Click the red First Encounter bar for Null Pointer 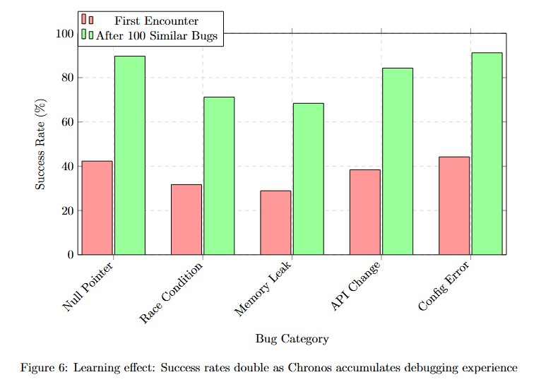(97, 208)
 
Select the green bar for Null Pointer (130, 155)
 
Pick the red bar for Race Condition (186, 219)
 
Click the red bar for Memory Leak (275, 222)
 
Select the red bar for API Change (364, 212)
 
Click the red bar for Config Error (453, 205)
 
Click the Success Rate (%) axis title (41, 144)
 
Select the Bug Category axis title (292, 339)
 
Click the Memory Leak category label (263, 290)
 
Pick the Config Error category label (444, 287)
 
